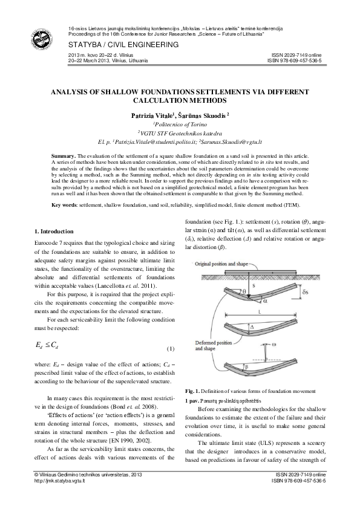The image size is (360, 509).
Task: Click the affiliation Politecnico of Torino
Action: click(180, 123)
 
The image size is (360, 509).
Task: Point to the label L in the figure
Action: click(259, 311)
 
